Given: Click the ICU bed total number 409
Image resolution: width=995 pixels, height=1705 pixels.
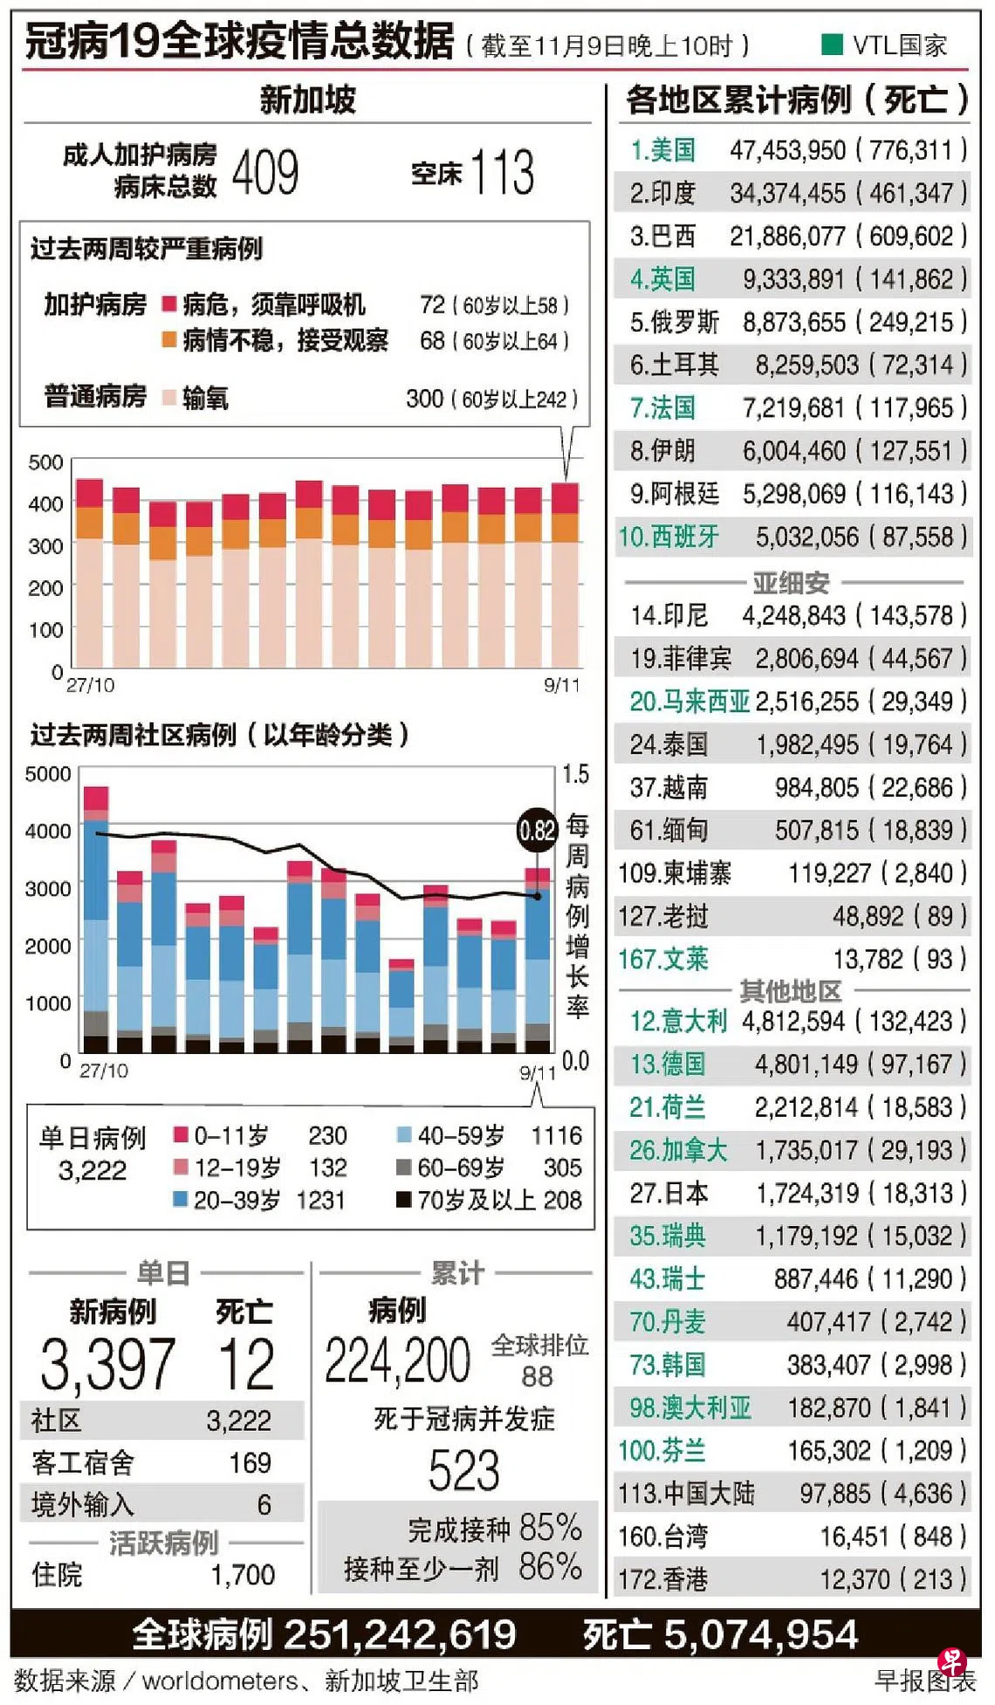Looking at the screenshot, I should [265, 172].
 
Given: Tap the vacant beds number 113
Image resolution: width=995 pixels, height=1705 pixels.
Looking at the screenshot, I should [502, 172].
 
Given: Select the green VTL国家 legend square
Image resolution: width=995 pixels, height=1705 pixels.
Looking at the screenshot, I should [833, 44].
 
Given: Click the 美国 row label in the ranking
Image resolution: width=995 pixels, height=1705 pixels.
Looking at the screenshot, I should [662, 150].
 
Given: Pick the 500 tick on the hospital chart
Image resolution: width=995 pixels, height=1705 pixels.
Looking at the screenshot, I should [45, 462].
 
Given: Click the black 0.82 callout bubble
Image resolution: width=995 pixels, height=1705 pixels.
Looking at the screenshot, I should [537, 830].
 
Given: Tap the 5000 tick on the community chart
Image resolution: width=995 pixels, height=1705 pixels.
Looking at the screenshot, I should [48, 774].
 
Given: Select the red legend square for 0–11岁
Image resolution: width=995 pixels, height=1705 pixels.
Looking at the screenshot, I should [182, 1134].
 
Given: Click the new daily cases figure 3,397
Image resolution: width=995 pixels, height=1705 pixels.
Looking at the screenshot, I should [107, 1364].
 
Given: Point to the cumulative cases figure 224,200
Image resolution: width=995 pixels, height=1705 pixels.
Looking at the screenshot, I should [397, 1360].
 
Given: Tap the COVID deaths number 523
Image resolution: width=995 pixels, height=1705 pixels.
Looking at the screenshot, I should [463, 1470].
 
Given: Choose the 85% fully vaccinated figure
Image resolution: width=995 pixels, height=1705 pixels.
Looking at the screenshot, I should [550, 1527].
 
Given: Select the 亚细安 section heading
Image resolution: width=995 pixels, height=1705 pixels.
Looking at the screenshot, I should [791, 582].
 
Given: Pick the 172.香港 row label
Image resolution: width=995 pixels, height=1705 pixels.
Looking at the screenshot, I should [662, 1579].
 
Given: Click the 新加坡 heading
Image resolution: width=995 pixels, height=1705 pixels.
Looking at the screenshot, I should [307, 99].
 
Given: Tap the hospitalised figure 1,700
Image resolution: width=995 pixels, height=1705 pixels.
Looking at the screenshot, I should [242, 1574].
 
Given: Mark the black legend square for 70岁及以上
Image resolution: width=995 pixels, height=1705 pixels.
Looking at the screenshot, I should [404, 1200].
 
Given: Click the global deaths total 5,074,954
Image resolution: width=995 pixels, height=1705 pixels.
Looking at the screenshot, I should [760, 1634].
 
